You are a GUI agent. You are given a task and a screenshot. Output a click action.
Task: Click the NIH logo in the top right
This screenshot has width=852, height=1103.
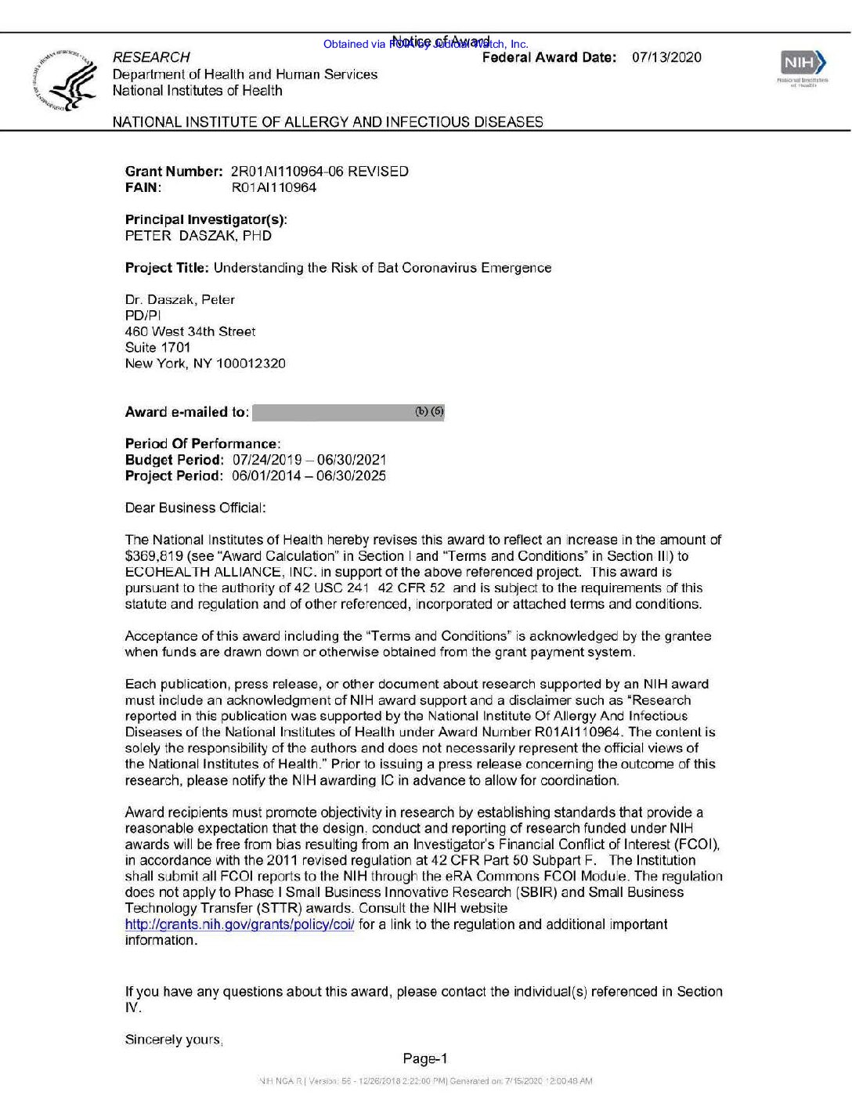pyautogui.click(x=803, y=63)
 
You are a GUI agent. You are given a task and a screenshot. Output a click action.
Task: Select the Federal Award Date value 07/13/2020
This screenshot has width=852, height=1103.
pyautogui.click(x=666, y=57)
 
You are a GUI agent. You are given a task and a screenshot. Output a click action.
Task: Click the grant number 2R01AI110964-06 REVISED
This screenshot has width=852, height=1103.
pyautogui.click(x=319, y=172)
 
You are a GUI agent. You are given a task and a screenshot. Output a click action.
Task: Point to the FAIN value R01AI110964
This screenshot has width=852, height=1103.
pyautogui.click(x=274, y=188)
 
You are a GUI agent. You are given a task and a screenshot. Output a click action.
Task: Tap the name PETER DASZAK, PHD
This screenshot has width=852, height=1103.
pyautogui.click(x=198, y=236)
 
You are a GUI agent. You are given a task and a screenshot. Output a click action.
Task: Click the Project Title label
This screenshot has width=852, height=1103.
pyautogui.click(x=167, y=268)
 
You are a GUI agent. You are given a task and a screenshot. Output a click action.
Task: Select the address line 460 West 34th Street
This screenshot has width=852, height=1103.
pyautogui.click(x=190, y=331)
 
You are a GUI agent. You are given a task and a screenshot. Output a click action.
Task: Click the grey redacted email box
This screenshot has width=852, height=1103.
pyautogui.click(x=348, y=412)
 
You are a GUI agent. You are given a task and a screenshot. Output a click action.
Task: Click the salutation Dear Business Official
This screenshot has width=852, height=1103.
pyautogui.click(x=195, y=508)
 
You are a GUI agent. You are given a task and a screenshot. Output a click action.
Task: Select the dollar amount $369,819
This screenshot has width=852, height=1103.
pyautogui.click(x=154, y=556)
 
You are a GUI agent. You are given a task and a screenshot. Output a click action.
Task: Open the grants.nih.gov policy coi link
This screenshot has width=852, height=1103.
pyautogui.click(x=240, y=924)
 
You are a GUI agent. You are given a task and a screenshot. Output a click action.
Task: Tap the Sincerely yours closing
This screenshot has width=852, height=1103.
pyautogui.click(x=173, y=1040)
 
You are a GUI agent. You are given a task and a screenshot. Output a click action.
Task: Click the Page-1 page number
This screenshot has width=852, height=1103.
pyautogui.click(x=425, y=1059)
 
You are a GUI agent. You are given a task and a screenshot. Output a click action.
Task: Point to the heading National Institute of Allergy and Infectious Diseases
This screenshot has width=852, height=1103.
pyautogui.click(x=327, y=122)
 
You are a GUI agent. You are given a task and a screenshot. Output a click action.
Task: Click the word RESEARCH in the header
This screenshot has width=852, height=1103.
pyautogui.click(x=151, y=57)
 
